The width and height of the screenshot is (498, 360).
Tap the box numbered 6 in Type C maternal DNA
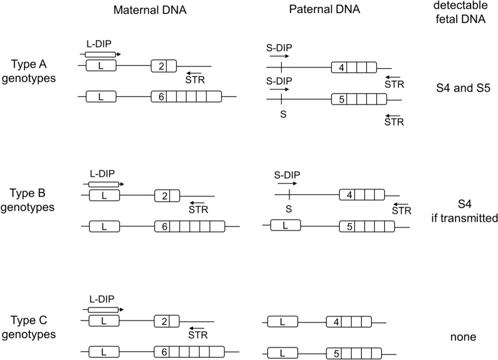pyautogui.click(x=163, y=352)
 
